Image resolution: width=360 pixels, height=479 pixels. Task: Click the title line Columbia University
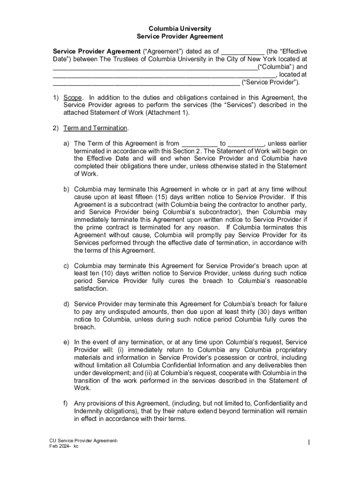click(x=180, y=29)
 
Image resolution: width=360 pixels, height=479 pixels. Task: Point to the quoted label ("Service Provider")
click(x=271, y=82)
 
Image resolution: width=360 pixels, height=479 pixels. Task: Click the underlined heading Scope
click(x=72, y=97)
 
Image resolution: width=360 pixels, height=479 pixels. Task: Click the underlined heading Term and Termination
click(x=95, y=128)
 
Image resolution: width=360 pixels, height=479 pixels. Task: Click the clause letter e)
click(x=66, y=342)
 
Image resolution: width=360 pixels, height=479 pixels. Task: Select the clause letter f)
click(x=66, y=403)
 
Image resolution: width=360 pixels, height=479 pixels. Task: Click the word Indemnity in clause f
click(x=89, y=411)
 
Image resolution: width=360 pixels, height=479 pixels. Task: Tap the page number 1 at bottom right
click(x=309, y=442)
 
